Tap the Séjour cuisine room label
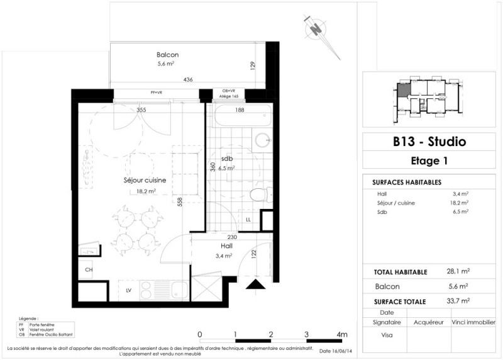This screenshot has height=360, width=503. coord(144,180)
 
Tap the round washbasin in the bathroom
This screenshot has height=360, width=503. coord(262,140)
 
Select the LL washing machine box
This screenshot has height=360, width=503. coord(249,219)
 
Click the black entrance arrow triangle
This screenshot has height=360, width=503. coord(255,285)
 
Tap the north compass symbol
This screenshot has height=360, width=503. coord(315,29)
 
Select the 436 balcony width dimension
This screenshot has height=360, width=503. coord(188,80)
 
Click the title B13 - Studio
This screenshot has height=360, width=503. coord(429,142)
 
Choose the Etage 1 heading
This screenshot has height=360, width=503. coord(429,160)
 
